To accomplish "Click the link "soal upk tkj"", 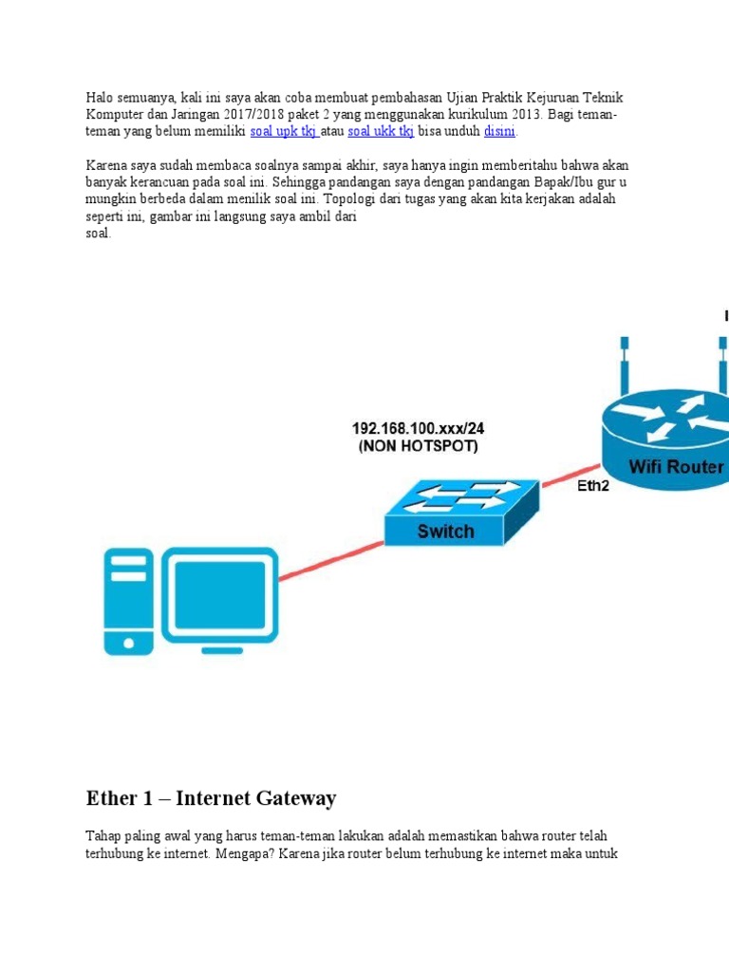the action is click(x=282, y=131).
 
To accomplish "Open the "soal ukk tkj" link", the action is click(x=380, y=131).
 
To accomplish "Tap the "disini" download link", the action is click(x=499, y=131).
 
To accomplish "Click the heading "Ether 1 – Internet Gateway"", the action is click(x=211, y=798).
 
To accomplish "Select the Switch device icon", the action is click(x=461, y=514).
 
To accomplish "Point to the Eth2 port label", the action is click(x=595, y=487).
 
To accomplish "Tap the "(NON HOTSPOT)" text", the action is click(x=418, y=446).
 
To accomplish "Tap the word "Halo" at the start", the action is click(x=100, y=99).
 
